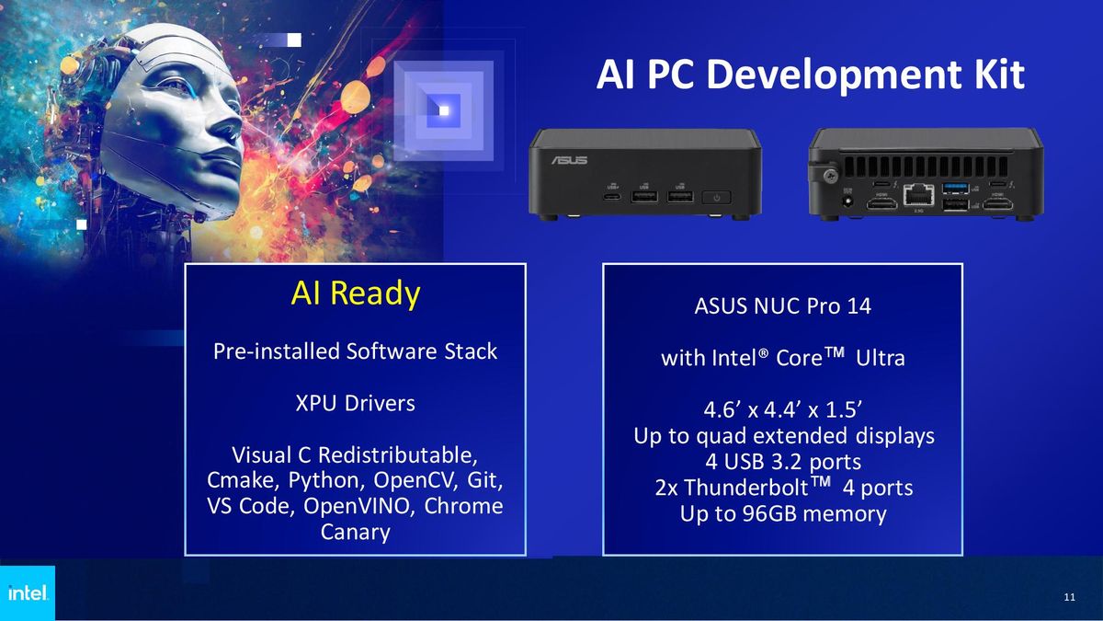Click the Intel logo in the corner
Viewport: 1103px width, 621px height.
coord(27,593)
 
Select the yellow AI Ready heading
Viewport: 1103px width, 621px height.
coord(355,293)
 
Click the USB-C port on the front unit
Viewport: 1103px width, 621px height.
coord(611,196)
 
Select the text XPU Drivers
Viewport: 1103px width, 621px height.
coord(355,403)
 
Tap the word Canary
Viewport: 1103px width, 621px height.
coord(355,532)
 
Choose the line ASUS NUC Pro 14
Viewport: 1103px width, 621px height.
coord(782,306)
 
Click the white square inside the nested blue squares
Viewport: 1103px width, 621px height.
coord(445,111)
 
